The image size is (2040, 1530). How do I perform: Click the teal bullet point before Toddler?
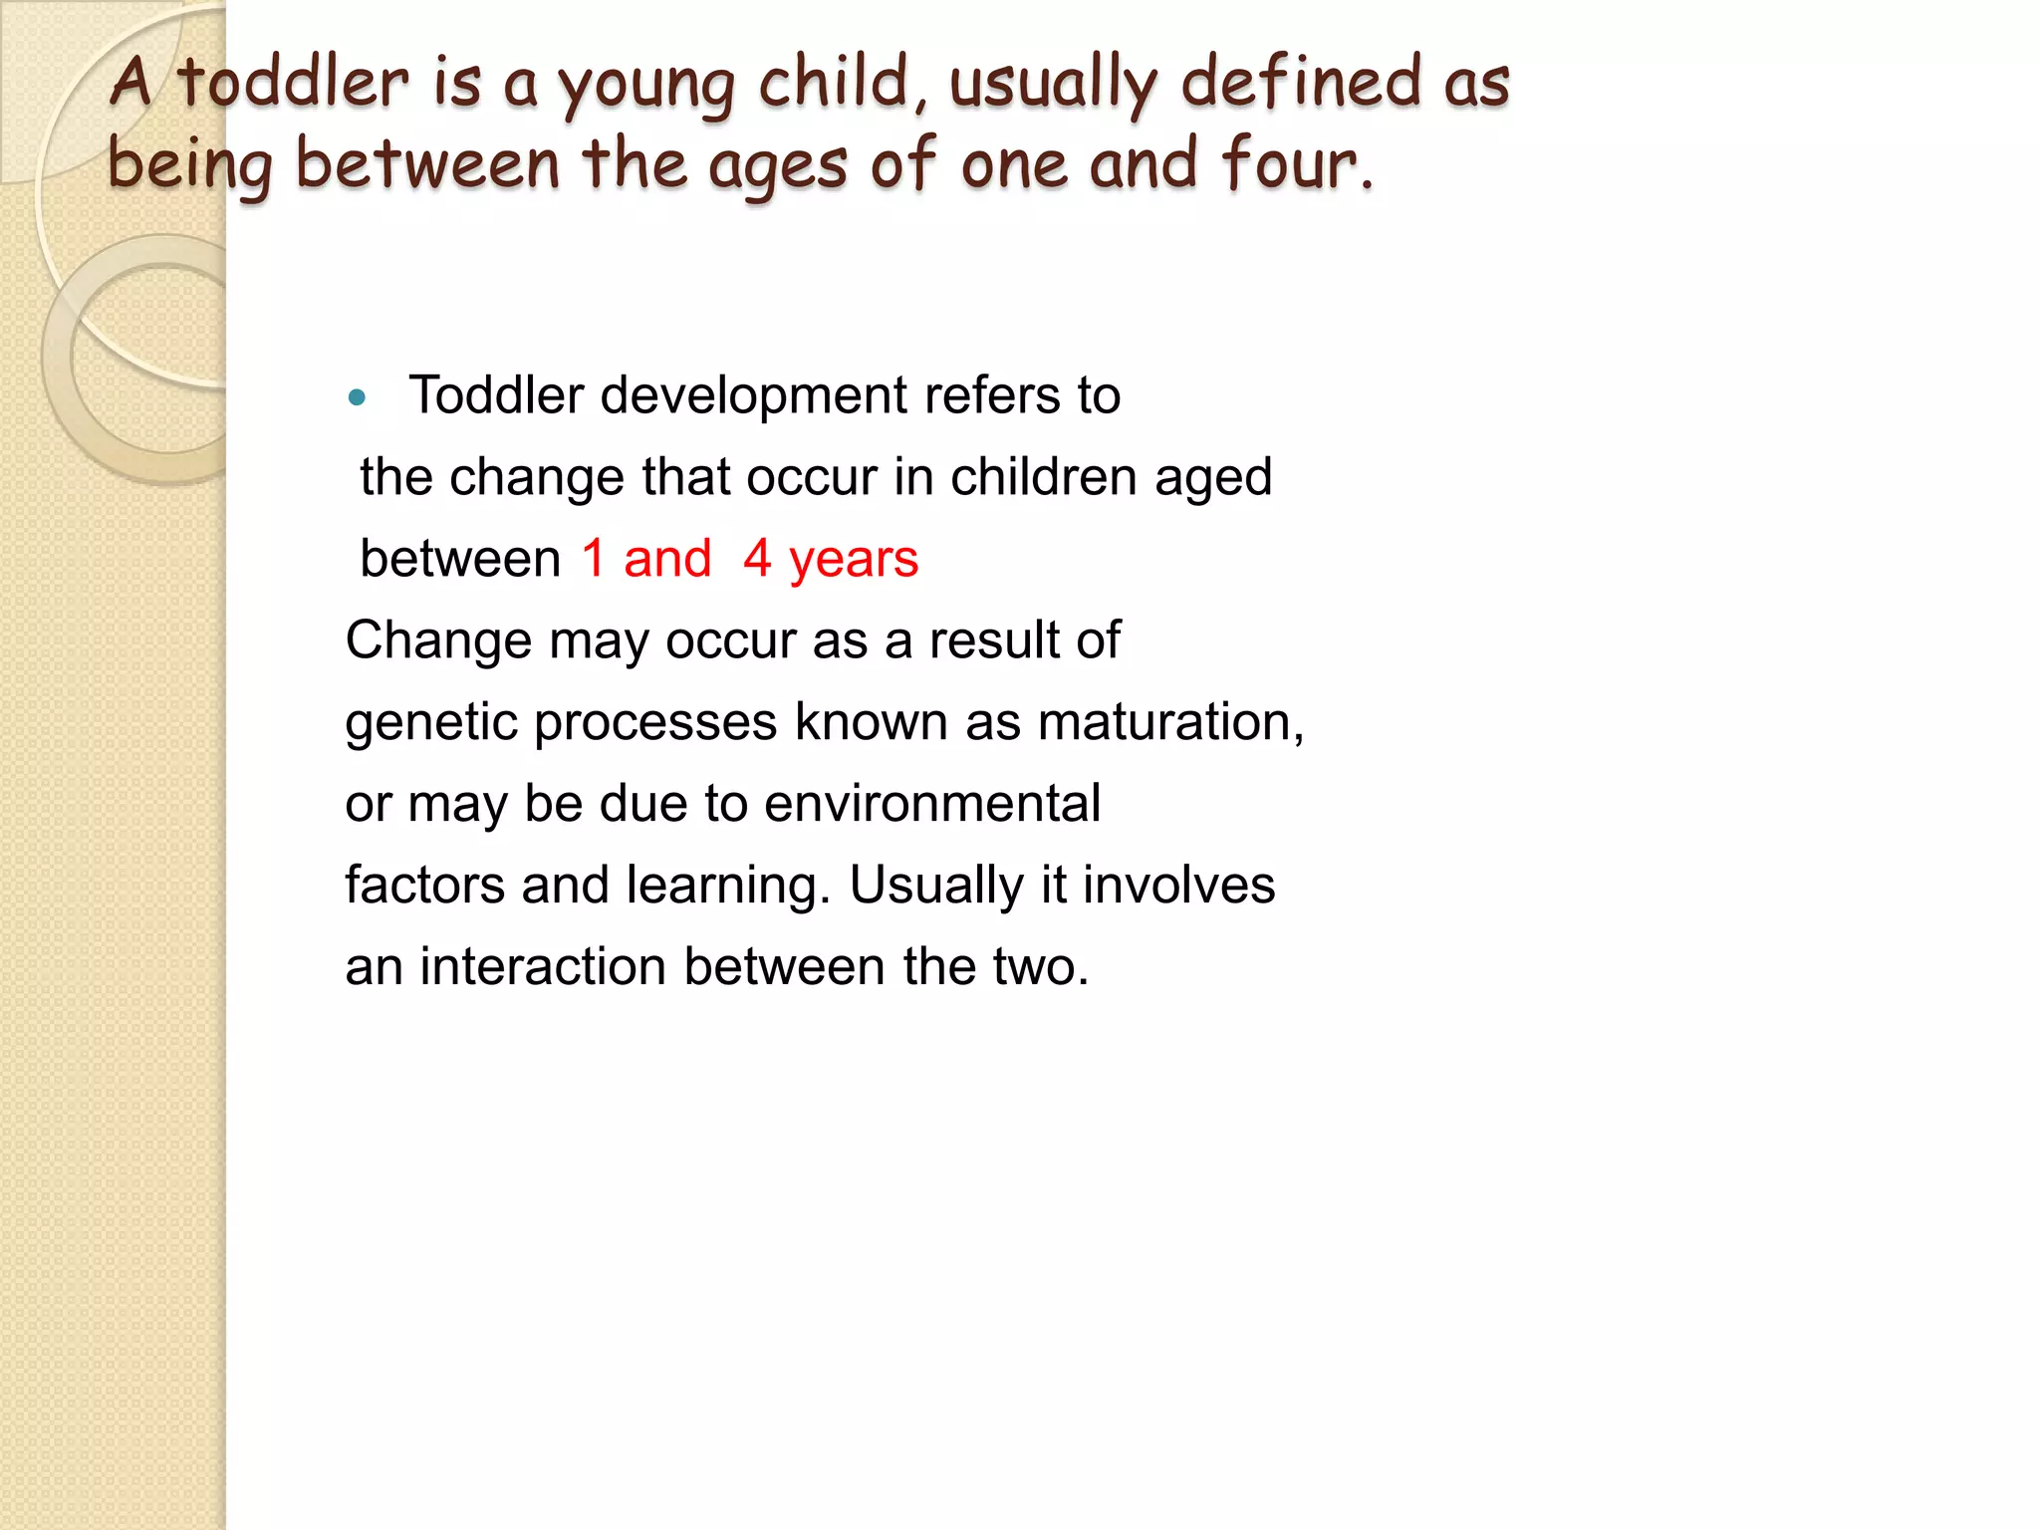pos(358,399)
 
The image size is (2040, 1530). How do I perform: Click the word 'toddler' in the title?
pos(293,83)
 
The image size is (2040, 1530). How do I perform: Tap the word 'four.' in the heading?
pos(1298,164)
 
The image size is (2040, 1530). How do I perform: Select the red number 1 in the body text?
pos(594,559)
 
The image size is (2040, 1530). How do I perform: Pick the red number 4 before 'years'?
pos(757,559)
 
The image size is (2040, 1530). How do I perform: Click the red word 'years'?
pos(854,561)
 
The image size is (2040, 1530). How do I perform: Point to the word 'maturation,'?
pos(1170,722)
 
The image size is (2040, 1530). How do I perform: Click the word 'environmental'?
pos(932,804)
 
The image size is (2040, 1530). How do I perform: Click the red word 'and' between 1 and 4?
pos(667,559)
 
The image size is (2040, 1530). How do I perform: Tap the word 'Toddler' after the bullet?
pos(496,395)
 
